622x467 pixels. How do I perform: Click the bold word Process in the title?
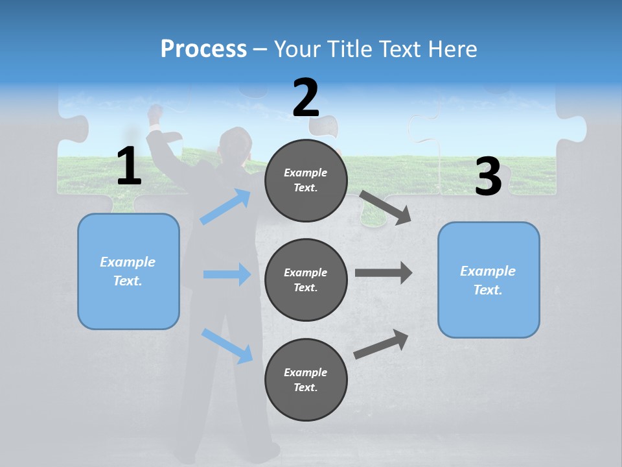tap(203, 49)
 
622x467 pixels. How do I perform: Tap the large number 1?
tap(129, 167)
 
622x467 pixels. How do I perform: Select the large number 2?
tap(306, 98)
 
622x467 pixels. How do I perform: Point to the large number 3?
tap(488, 176)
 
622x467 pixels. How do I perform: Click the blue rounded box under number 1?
tap(128, 271)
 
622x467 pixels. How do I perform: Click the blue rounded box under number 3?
tap(489, 280)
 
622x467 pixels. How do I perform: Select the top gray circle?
tap(306, 180)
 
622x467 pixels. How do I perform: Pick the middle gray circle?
tap(306, 280)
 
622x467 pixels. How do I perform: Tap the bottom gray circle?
tap(306, 379)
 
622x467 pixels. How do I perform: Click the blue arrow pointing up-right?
tap(225, 207)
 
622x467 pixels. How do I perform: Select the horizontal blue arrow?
tap(227, 274)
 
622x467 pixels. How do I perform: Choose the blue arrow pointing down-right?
tap(227, 346)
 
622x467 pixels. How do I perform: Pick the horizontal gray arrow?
tap(384, 272)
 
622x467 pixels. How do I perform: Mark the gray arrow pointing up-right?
tap(382, 344)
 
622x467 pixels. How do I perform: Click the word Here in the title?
tap(453, 49)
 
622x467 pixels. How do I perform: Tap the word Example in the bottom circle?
tap(306, 372)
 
